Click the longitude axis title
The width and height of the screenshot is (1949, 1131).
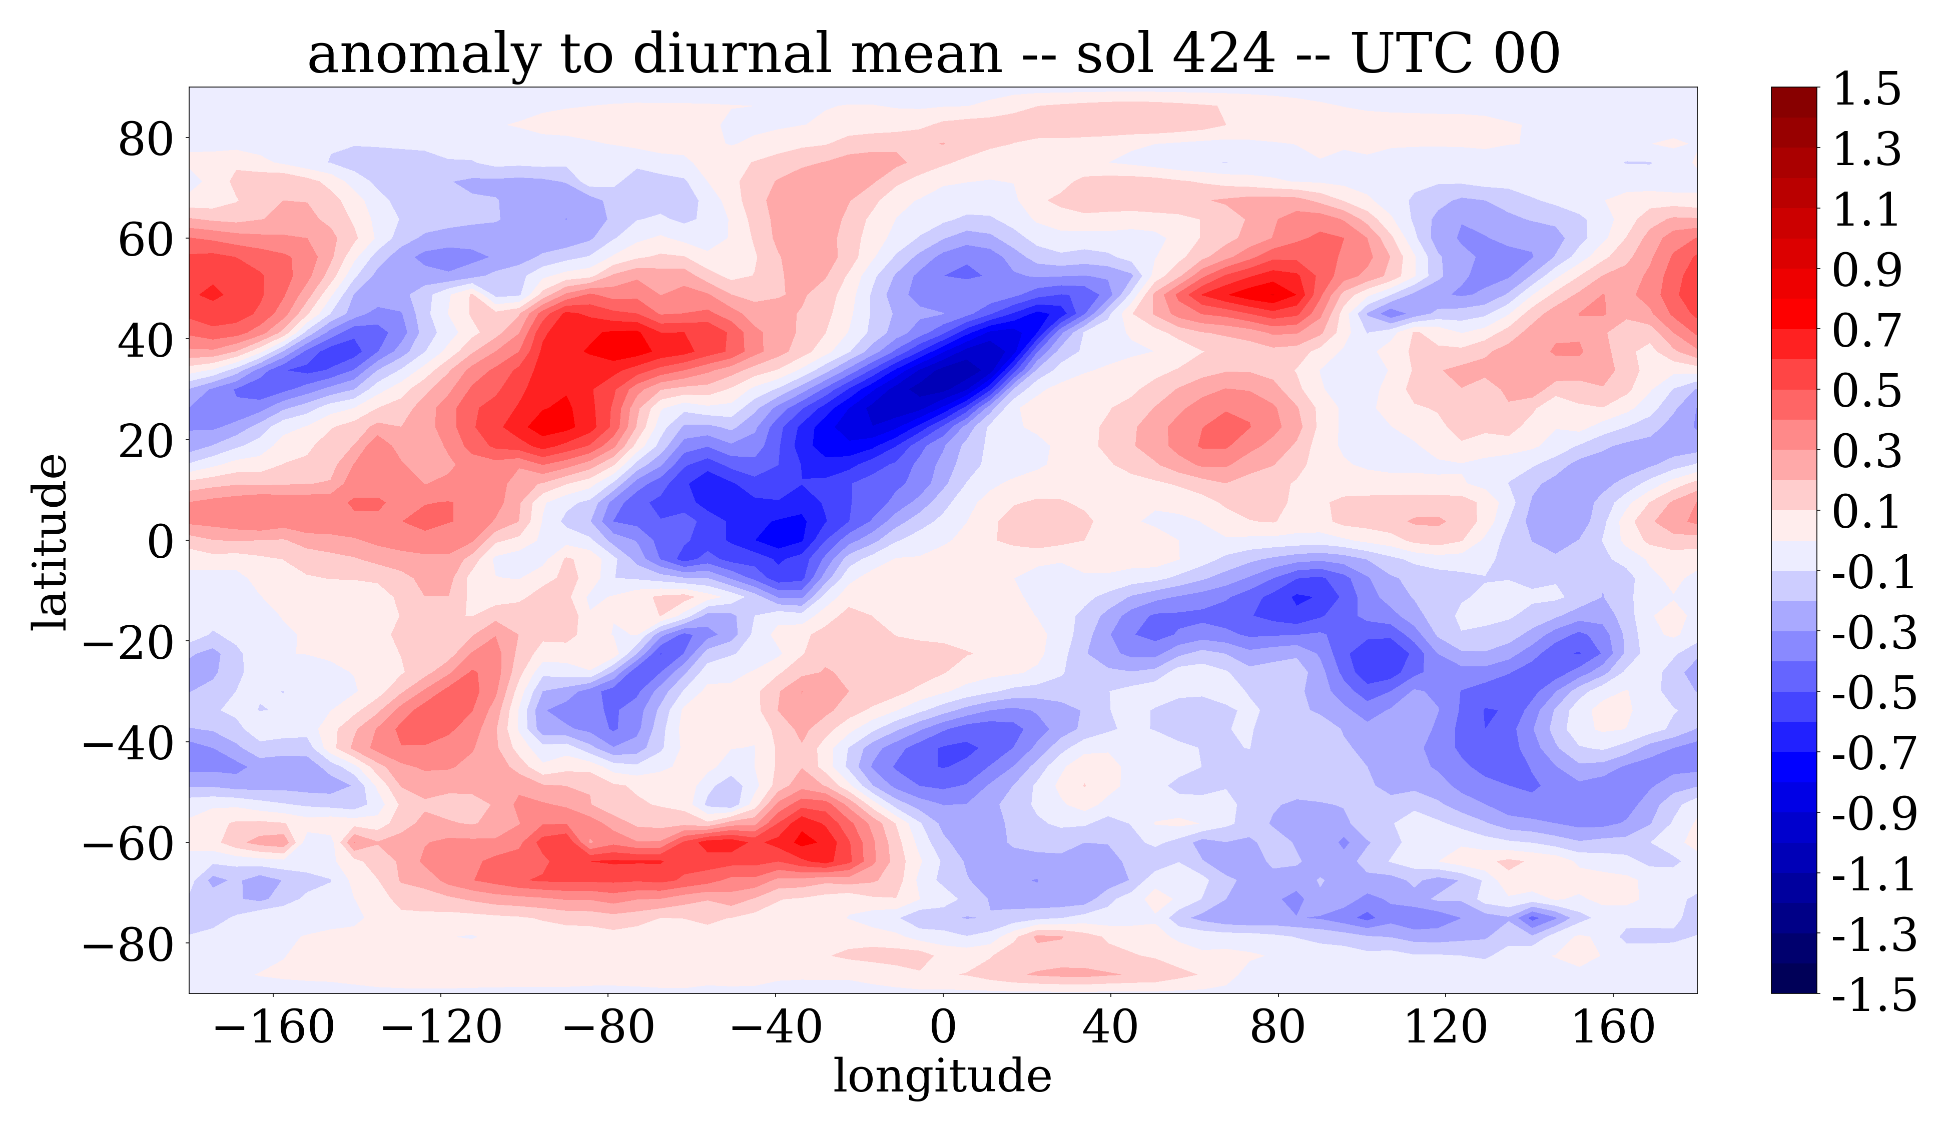click(942, 1076)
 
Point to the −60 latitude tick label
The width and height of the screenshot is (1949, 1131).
click(128, 843)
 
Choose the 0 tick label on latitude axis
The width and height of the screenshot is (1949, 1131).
click(161, 542)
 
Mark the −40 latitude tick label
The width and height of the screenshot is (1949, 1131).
click(128, 743)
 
